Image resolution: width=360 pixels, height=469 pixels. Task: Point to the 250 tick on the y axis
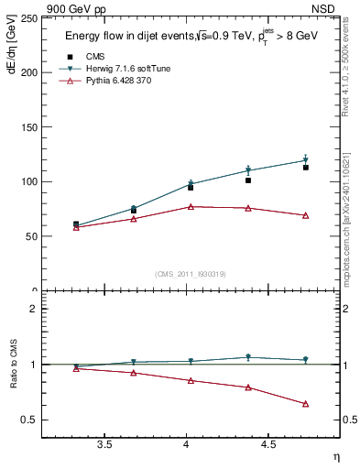(x=27, y=17)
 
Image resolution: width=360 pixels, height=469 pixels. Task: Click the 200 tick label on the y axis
(x=27, y=72)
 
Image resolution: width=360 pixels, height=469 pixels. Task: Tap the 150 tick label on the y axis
(x=27, y=127)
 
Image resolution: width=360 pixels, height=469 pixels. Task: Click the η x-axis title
(x=335, y=456)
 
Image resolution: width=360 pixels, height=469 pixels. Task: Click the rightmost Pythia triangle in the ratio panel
(x=306, y=404)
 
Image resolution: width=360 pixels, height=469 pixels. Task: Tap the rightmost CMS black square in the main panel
(x=306, y=168)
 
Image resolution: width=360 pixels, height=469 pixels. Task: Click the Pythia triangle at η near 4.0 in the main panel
(x=191, y=207)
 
